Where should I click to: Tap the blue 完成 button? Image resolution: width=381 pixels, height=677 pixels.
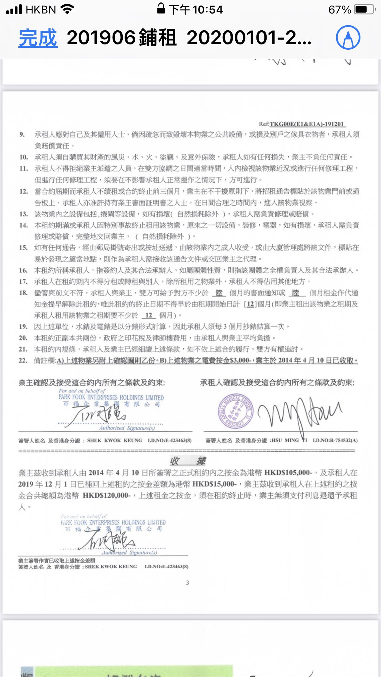(x=38, y=38)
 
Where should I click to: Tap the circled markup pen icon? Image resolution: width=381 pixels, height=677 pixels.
(x=348, y=38)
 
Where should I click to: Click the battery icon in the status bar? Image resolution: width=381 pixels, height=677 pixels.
(x=364, y=10)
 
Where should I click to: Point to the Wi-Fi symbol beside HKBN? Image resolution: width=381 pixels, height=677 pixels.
(x=67, y=9)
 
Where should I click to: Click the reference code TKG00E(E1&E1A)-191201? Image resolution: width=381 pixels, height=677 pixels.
(x=307, y=124)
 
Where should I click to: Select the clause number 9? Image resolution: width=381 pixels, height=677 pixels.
(x=22, y=135)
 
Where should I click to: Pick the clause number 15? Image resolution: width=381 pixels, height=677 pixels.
(x=24, y=248)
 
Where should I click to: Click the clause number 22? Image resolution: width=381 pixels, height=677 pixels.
(x=23, y=361)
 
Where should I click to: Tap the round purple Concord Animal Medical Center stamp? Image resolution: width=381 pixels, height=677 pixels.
(x=236, y=411)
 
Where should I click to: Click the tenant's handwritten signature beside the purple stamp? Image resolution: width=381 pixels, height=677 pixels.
(x=299, y=412)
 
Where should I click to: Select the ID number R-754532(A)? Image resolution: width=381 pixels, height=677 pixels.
(x=335, y=441)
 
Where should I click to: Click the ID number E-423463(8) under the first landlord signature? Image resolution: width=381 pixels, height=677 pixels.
(x=170, y=441)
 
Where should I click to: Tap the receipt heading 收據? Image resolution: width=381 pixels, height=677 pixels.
(x=188, y=461)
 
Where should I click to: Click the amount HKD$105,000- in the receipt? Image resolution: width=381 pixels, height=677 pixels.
(x=288, y=473)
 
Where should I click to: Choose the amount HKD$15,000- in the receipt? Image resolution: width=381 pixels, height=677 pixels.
(x=214, y=484)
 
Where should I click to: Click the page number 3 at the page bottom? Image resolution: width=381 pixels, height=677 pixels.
(x=187, y=583)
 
